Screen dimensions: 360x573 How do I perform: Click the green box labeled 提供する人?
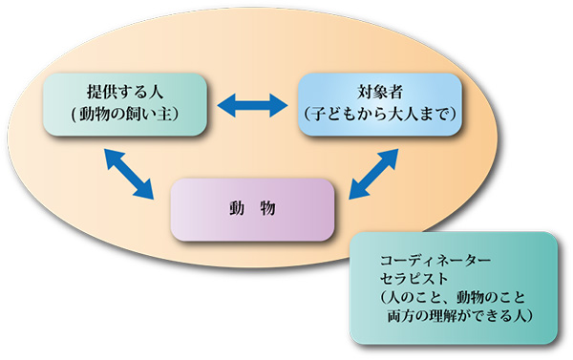[x=124, y=104]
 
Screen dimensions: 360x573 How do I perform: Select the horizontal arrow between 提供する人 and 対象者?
[x=252, y=102]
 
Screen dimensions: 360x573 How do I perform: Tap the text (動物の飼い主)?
[x=125, y=116]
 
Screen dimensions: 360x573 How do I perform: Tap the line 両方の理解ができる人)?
[x=454, y=314]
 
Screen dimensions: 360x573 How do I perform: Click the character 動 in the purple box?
[x=234, y=208]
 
